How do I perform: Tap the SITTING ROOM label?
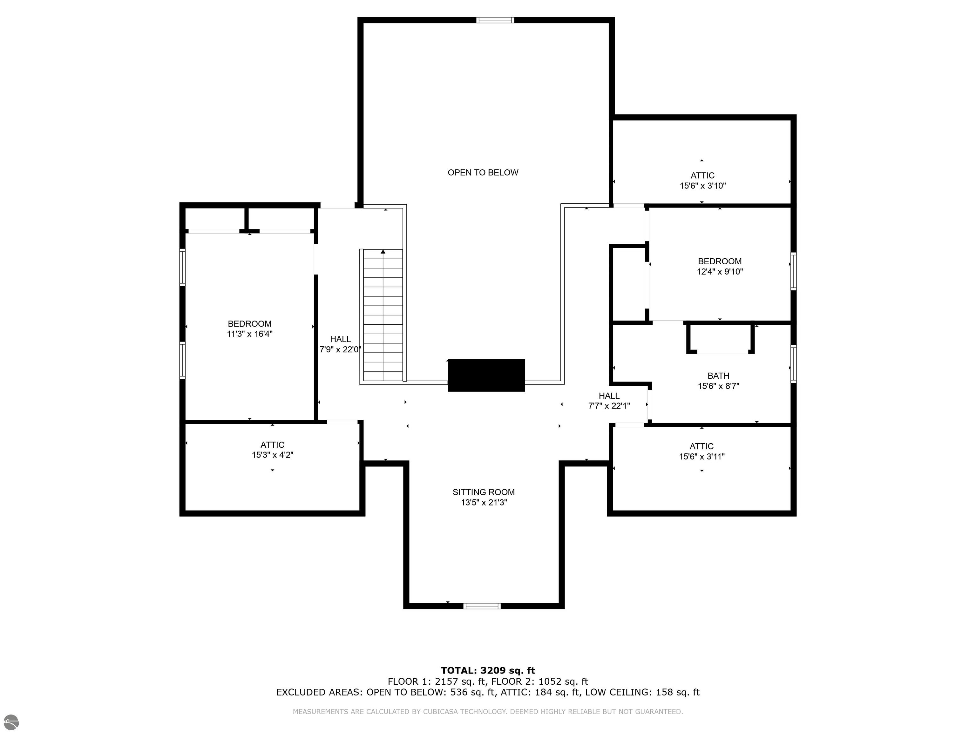coord(484,492)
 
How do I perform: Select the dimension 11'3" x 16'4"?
coord(250,334)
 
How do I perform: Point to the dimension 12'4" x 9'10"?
coord(720,272)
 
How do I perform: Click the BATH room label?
coord(718,376)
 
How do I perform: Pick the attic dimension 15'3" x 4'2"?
coord(273,455)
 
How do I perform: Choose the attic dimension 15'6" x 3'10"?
coord(703,186)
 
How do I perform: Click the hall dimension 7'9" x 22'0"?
coord(341,349)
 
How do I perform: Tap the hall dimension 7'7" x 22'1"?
coord(609,406)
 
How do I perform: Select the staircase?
coord(383,315)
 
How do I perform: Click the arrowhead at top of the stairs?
coord(383,252)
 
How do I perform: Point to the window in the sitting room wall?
coord(482,606)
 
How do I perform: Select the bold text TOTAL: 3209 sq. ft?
coord(488,671)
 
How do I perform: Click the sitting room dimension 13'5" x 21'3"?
coord(484,503)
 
